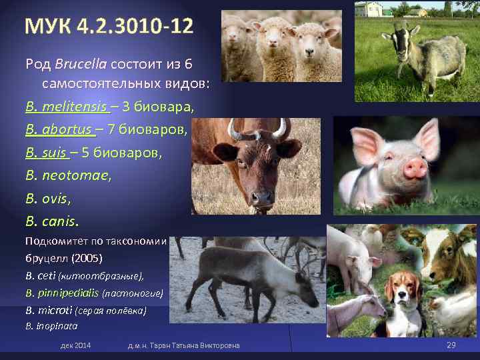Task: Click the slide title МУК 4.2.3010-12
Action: pos(109,27)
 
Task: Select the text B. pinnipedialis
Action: pos(62,292)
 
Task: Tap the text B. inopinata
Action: pos(51,326)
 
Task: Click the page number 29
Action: pos(451,345)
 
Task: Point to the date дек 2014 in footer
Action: pos(75,345)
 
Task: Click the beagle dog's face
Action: pos(403,293)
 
